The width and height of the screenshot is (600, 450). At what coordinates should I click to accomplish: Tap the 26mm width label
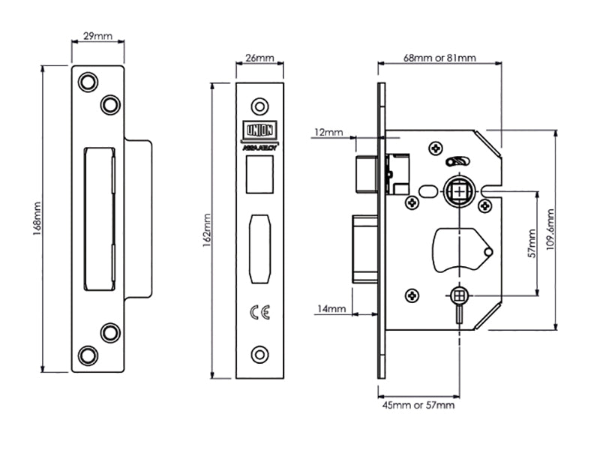259,57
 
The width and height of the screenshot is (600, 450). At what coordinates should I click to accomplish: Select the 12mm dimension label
328,133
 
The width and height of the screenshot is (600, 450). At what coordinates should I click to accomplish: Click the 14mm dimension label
331,308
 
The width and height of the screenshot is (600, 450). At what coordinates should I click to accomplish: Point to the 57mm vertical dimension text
531,244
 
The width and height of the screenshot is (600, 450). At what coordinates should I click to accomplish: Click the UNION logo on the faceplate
259,130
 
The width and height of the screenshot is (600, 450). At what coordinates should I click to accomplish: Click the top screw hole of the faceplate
259,103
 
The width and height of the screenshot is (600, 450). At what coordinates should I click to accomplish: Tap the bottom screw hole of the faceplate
259,352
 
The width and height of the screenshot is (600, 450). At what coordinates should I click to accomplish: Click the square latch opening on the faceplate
259,173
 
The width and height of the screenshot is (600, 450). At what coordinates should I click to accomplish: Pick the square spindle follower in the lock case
457,193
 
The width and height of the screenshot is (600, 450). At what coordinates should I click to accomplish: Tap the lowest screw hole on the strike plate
88,355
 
